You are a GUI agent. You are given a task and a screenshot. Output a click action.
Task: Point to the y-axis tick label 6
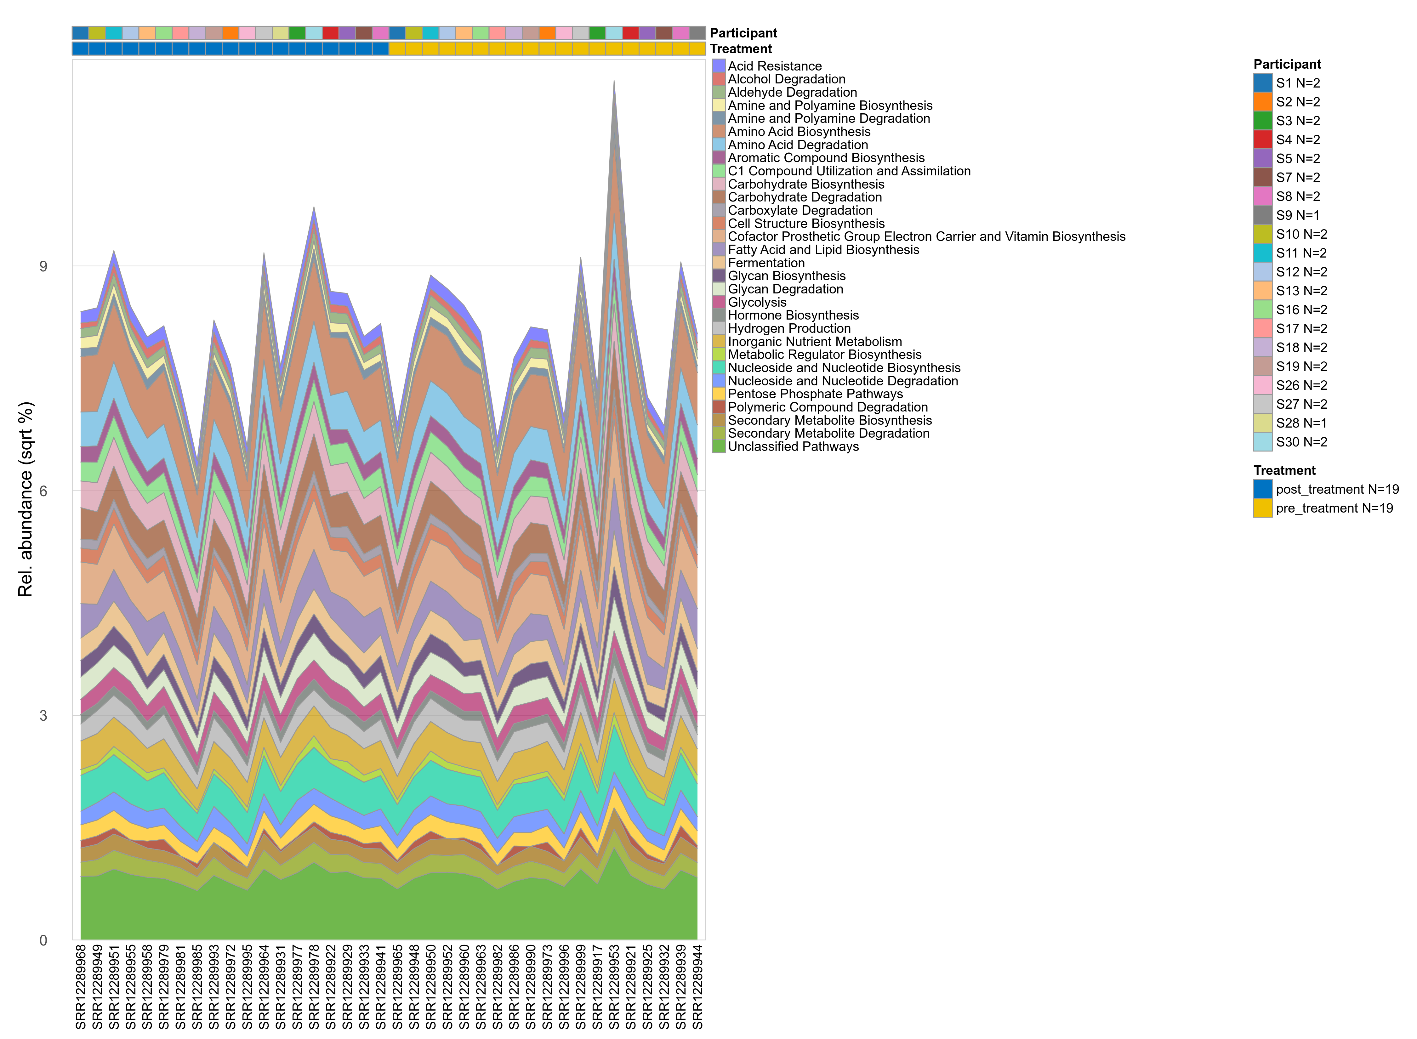tap(43, 491)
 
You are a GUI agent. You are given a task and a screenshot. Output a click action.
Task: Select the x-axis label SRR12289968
tap(81, 986)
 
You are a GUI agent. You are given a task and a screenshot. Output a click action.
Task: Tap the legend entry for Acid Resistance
tap(774, 66)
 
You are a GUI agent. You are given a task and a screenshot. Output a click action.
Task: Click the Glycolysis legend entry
tap(757, 303)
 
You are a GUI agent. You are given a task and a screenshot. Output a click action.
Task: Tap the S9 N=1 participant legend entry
tap(1298, 215)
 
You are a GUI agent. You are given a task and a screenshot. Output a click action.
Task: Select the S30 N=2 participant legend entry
tap(1301, 442)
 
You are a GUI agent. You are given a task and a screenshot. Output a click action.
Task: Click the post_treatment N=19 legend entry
tap(1336, 489)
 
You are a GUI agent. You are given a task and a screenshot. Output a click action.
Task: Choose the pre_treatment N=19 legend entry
tap(1333, 508)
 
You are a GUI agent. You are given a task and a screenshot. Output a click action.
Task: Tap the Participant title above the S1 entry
tap(1287, 64)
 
